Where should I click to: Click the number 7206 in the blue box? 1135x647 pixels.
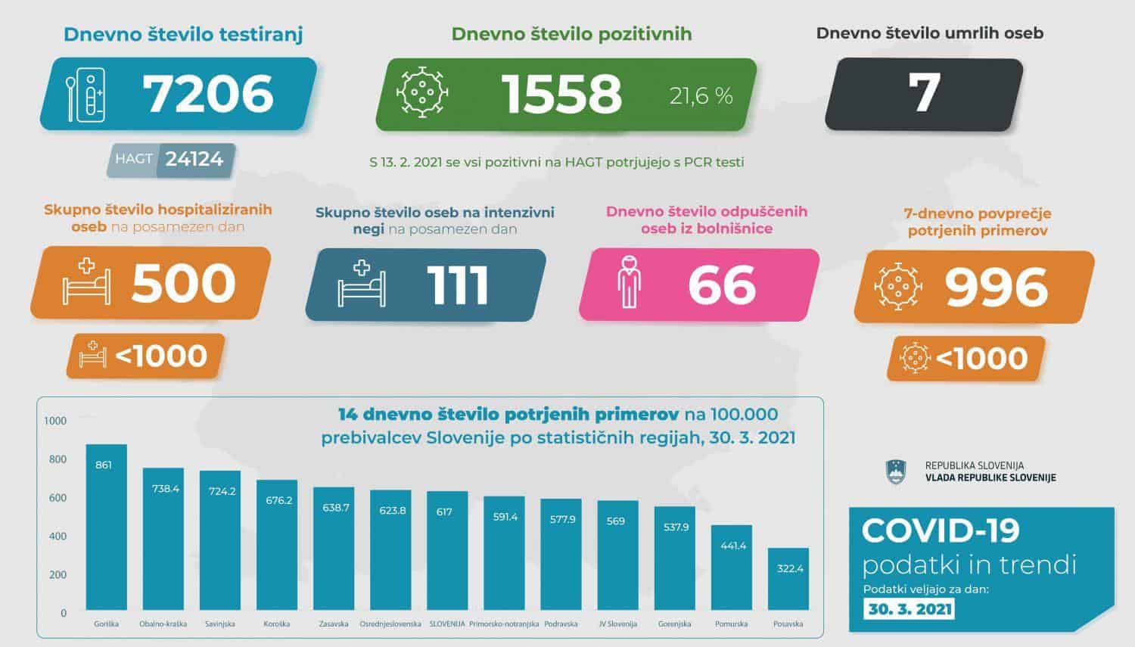[x=208, y=94]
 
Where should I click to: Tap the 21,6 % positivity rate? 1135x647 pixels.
[x=701, y=95]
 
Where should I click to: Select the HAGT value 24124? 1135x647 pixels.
[x=194, y=159]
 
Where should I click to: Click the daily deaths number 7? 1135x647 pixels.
[x=924, y=94]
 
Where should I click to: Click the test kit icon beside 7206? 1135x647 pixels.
[x=86, y=95]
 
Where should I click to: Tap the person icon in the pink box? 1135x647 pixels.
[x=628, y=282]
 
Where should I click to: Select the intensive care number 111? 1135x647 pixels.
[x=457, y=285]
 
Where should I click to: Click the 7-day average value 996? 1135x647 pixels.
[x=996, y=287]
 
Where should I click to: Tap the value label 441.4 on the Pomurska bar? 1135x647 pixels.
[x=732, y=546]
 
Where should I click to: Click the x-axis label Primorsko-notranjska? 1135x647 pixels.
[x=504, y=624]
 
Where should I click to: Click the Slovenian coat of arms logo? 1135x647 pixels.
[x=896, y=471]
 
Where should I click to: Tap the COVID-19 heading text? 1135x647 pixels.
[x=941, y=531]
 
